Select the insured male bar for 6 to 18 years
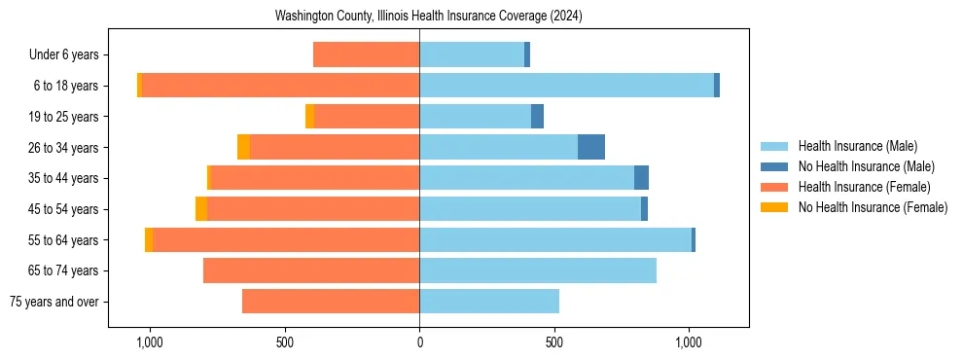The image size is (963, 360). (x=566, y=86)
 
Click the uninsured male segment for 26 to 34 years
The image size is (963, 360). (x=591, y=147)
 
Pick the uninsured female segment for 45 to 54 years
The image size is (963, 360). (x=201, y=209)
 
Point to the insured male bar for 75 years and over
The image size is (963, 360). (x=489, y=302)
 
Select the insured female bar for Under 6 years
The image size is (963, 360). (x=366, y=54)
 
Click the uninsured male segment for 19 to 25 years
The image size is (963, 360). (x=537, y=117)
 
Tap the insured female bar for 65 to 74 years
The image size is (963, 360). (x=311, y=270)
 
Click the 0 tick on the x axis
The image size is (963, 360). (x=419, y=343)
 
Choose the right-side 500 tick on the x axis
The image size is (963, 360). (x=553, y=343)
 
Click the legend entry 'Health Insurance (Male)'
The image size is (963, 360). (x=857, y=146)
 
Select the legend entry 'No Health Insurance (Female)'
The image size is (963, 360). (x=873, y=207)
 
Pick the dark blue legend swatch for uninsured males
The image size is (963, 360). (x=774, y=166)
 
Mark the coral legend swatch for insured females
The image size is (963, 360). (x=774, y=187)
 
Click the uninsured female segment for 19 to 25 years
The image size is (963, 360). (x=310, y=117)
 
